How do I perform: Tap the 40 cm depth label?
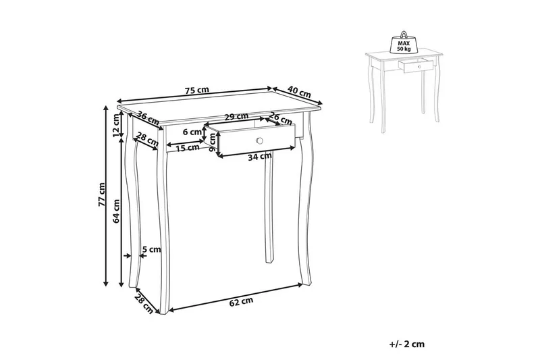pos(299,91)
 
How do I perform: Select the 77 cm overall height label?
pos(101,194)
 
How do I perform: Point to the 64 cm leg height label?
pos(116,211)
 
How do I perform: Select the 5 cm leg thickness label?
pos(153,249)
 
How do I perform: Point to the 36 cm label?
pos(147,117)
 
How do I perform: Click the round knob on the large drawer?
pos(259,140)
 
